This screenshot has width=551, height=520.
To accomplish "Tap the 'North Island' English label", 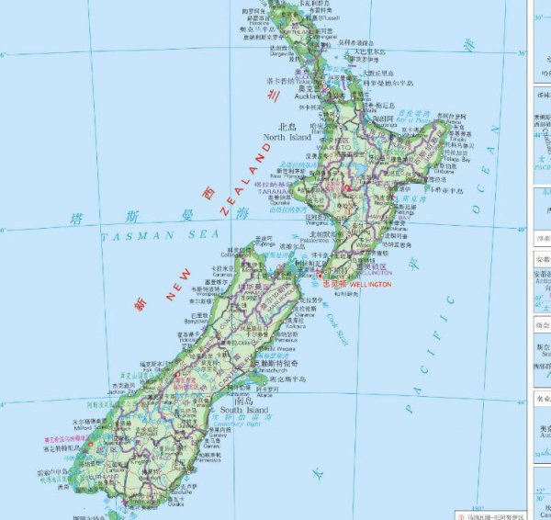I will [288, 137].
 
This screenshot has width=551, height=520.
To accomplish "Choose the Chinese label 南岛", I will [244, 401].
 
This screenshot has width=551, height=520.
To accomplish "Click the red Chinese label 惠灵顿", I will [337, 285].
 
